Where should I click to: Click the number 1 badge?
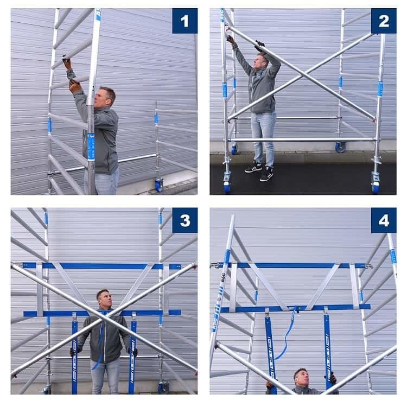point(185,21)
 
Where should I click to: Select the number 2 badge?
point(384,21)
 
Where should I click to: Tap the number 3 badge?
point(185,220)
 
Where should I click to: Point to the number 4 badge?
point(384,220)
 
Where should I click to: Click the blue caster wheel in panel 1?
point(159,185)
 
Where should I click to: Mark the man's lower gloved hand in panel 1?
point(74,86)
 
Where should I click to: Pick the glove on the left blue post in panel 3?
point(72,352)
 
